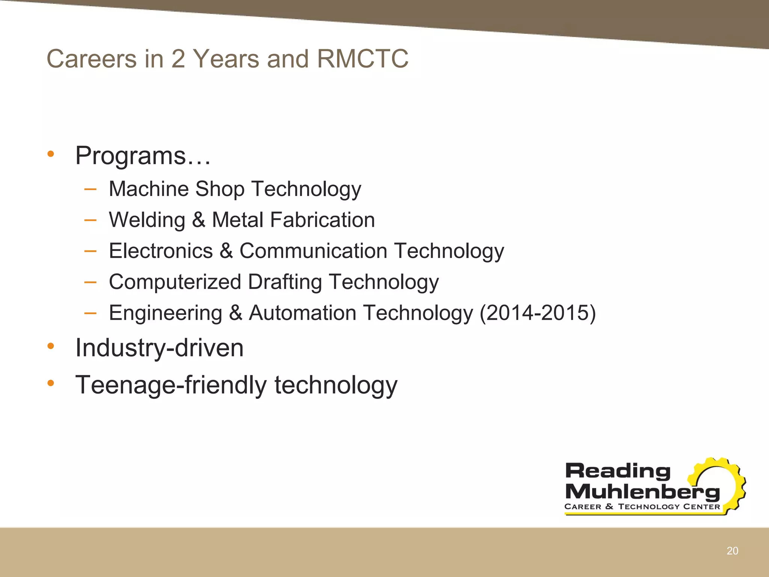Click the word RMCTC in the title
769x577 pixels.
(x=362, y=59)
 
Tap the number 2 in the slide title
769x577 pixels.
(x=178, y=59)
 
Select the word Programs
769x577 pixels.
(x=131, y=156)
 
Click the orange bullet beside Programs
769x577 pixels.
(x=51, y=154)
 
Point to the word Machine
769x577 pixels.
(x=148, y=189)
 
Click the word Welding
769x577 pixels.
(x=147, y=220)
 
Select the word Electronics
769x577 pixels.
(x=161, y=251)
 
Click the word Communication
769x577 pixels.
(x=313, y=251)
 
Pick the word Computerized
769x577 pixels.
(x=175, y=282)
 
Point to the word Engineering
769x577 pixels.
(x=166, y=313)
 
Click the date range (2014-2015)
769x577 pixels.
(x=538, y=313)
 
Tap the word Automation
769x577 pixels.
(x=303, y=313)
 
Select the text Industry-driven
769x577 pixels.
(x=159, y=348)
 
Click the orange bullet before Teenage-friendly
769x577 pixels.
(x=51, y=383)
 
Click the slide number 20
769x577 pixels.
(x=732, y=551)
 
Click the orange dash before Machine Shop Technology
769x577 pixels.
(x=90, y=189)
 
